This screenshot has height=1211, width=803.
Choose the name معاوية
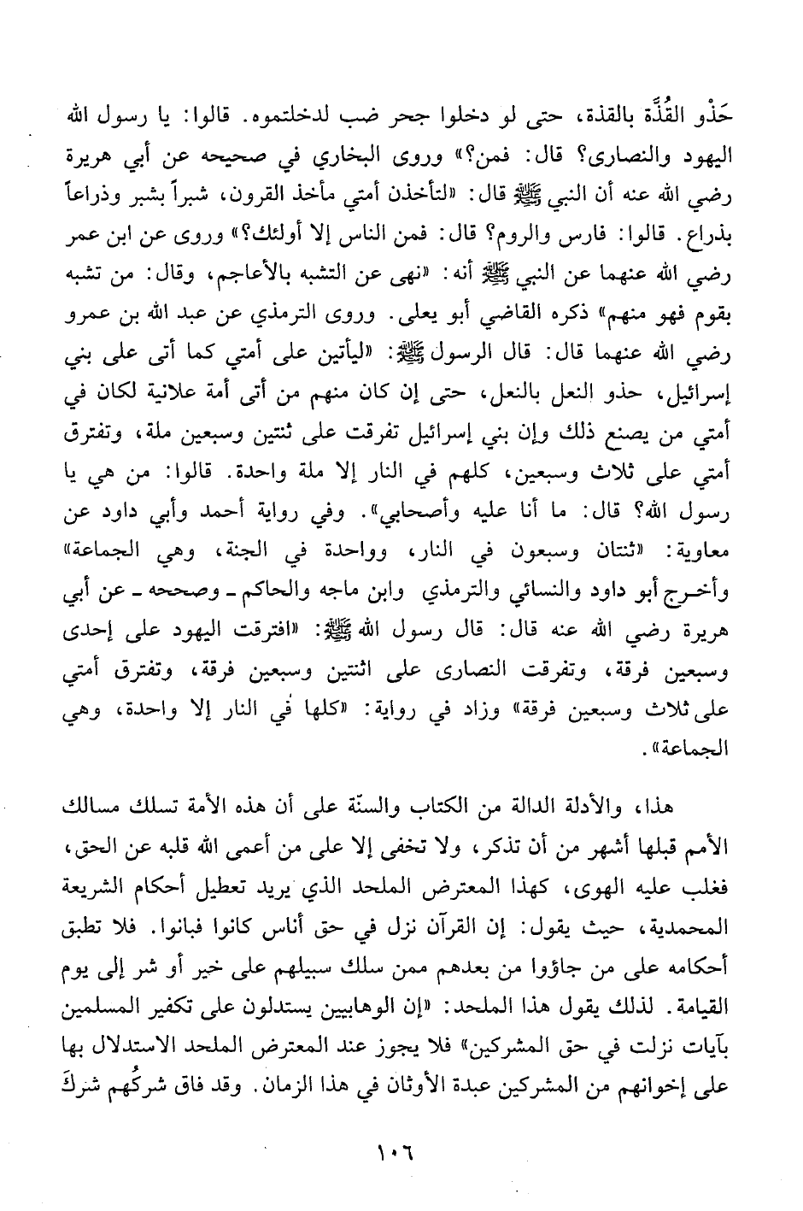[x=714, y=554]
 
